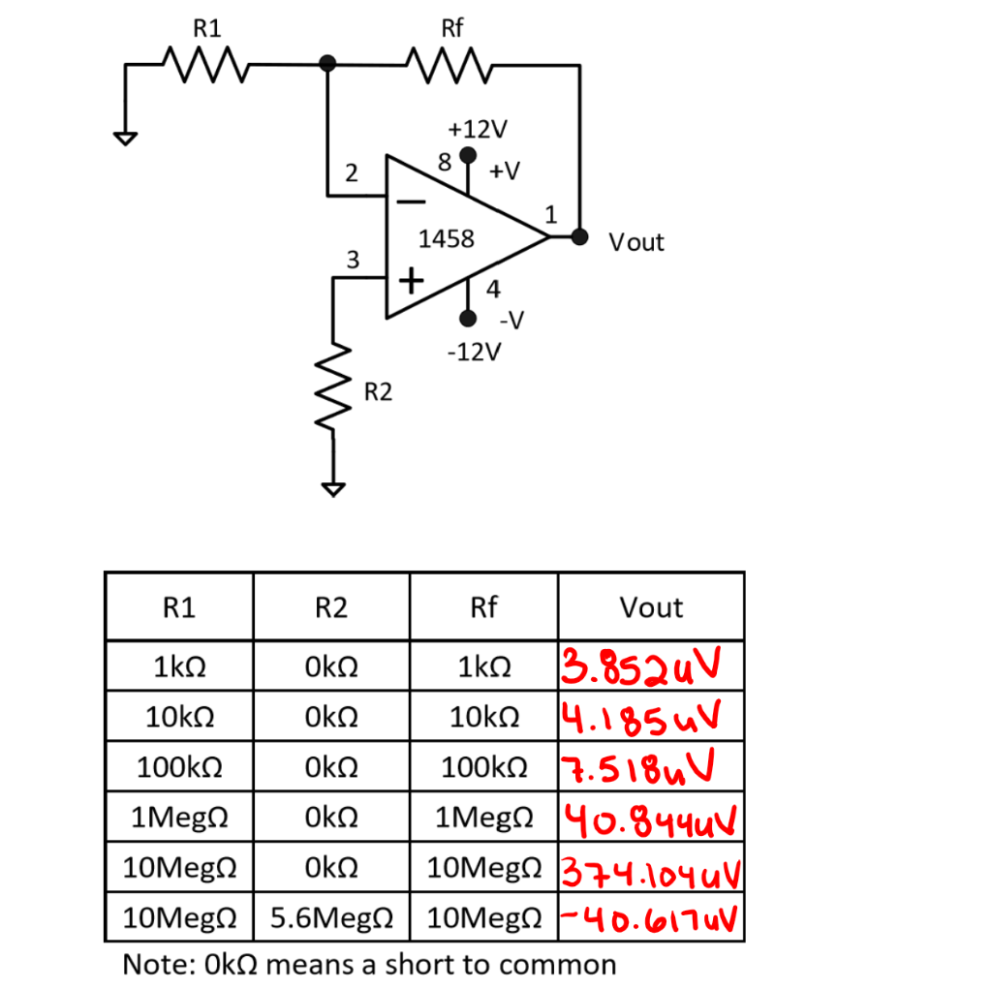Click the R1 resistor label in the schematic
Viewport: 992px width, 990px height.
pyautogui.click(x=207, y=28)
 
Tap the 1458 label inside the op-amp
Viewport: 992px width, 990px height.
pyautogui.click(x=446, y=238)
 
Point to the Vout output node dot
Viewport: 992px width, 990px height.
pyautogui.click(x=579, y=237)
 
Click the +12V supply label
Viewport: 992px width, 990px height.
pyautogui.click(x=478, y=129)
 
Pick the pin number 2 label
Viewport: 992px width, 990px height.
pyautogui.click(x=352, y=174)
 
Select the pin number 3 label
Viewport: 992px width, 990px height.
pyautogui.click(x=353, y=260)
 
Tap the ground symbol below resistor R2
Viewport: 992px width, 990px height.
pyautogui.click(x=333, y=488)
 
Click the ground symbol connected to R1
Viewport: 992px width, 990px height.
pyautogui.click(x=123, y=137)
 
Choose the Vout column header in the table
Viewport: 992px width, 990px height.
pyautogui.click(x=651, y=607)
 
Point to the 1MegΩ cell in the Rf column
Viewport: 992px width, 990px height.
pyautogui.click(x=482, y=819)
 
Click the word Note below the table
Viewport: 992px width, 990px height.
pyautogui.click(x=160, y=965)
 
